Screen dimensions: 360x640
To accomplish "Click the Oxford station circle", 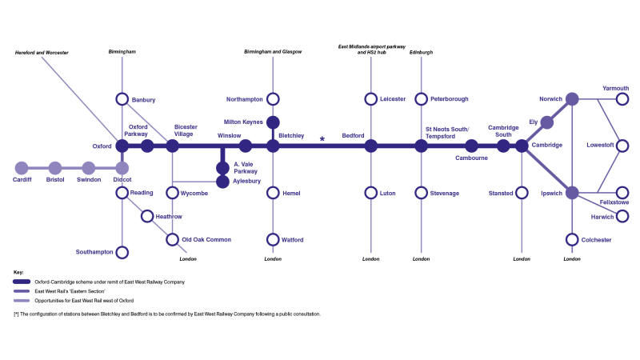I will point(122,146).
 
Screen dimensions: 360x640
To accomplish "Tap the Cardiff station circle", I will point(22,168).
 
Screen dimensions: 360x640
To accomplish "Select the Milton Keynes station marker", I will point(273,122).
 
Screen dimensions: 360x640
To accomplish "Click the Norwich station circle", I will point(572,99).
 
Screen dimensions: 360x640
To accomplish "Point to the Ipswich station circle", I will point(572,193).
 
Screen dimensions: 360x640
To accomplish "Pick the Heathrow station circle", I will point(147,216).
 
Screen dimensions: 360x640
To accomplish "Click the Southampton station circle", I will point(122,252).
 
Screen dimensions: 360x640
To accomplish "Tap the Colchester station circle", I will point(572,239).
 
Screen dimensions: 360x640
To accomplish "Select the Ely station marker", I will point(547,122).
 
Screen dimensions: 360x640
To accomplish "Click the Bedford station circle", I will point(371,146).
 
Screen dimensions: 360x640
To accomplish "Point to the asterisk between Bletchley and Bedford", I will point(322,139).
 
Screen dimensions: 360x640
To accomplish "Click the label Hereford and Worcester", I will point(42,53).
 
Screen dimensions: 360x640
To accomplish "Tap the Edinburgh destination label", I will point(421,52).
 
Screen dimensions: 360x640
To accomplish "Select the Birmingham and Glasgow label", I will point(273,52).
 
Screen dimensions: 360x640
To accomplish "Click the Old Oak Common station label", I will point(206,240).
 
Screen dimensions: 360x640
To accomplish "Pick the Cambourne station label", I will point(471,158).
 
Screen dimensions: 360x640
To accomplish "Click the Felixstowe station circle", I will point(622,193).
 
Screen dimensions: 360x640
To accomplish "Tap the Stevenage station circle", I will point(421,193).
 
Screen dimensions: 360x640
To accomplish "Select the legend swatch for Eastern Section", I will point(22,291).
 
